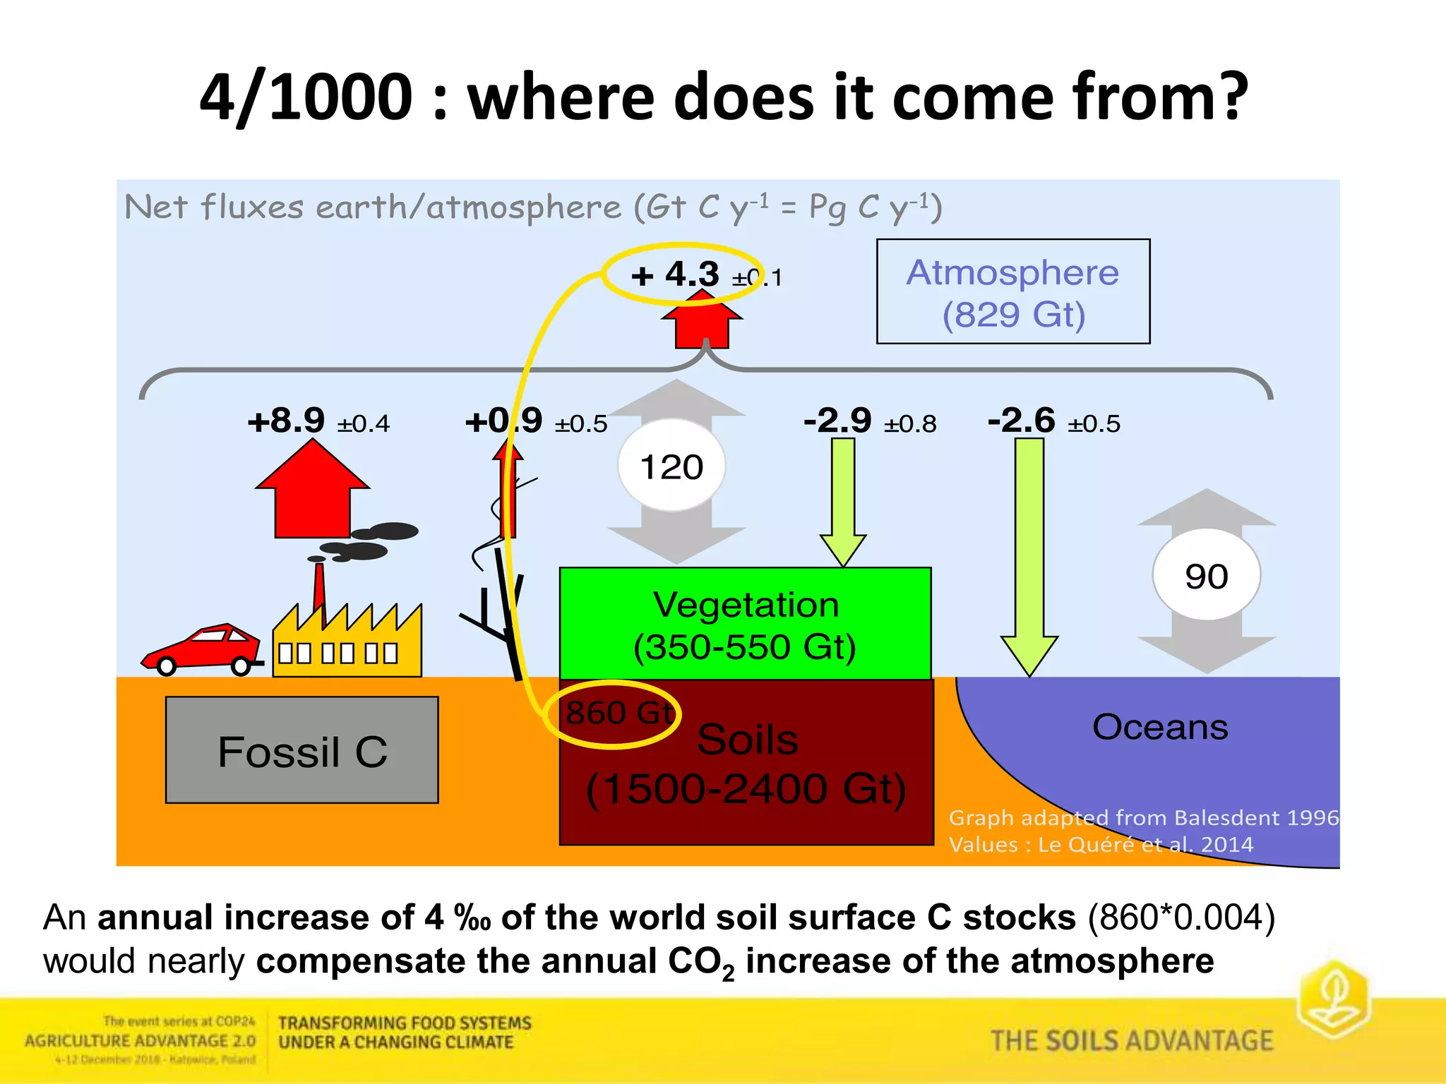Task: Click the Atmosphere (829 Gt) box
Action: pyautogui.click(x=1012, y=291)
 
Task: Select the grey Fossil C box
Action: pyautogui.click(x=301, y=749)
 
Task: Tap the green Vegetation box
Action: pyautogui.click(x=745, y=624)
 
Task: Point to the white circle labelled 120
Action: pyautogui.click(x=671, y=466)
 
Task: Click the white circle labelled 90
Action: pyautogui.click(x=1206, y=576)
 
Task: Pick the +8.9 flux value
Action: pyautogui.click(x=287, y=421)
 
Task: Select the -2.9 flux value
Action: pyautogui.click(x=837, y=421)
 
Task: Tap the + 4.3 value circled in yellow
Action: pyautogui.click(x=674, y=274)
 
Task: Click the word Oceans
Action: pyautogui.click(x=1159, y=727)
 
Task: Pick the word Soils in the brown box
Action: pyautogui.click(x=747, y=740)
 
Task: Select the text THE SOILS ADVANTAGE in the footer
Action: pyautogui.click(x=1131, y=1041)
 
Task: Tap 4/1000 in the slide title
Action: pyautogui.click(x=306, y=97)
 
